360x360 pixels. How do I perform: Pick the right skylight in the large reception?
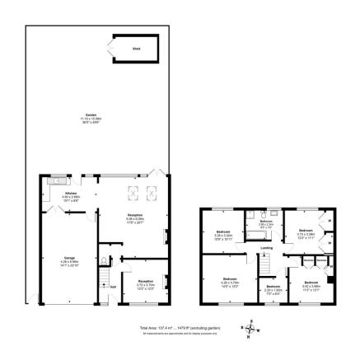(149, 194)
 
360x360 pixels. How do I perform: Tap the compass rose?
(250, 327)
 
